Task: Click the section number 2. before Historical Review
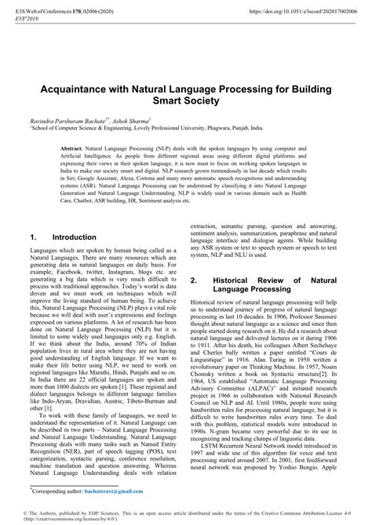pos(195,280)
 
